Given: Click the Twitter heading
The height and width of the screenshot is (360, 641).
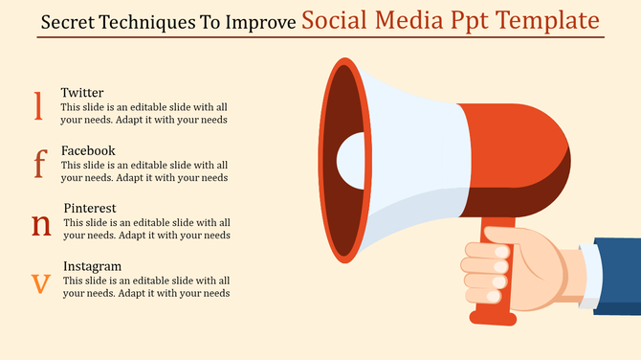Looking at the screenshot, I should (82, 93).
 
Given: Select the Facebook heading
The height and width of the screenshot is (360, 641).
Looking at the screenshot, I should (88, 150).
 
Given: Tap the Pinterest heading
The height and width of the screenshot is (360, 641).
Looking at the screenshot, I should (90, 208).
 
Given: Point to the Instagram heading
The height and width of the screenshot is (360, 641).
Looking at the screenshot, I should (92, 265).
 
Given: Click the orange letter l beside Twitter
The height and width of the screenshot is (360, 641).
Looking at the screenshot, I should (38, 105).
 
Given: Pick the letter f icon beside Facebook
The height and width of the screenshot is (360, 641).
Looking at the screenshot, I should (39, 164).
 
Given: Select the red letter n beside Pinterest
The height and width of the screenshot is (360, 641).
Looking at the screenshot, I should (41, 224).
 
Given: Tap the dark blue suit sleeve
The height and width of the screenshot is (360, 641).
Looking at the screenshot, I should (617, 277).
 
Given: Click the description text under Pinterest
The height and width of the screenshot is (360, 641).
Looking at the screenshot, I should (145, 229).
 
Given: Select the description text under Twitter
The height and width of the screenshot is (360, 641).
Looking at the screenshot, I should (144, 114).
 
